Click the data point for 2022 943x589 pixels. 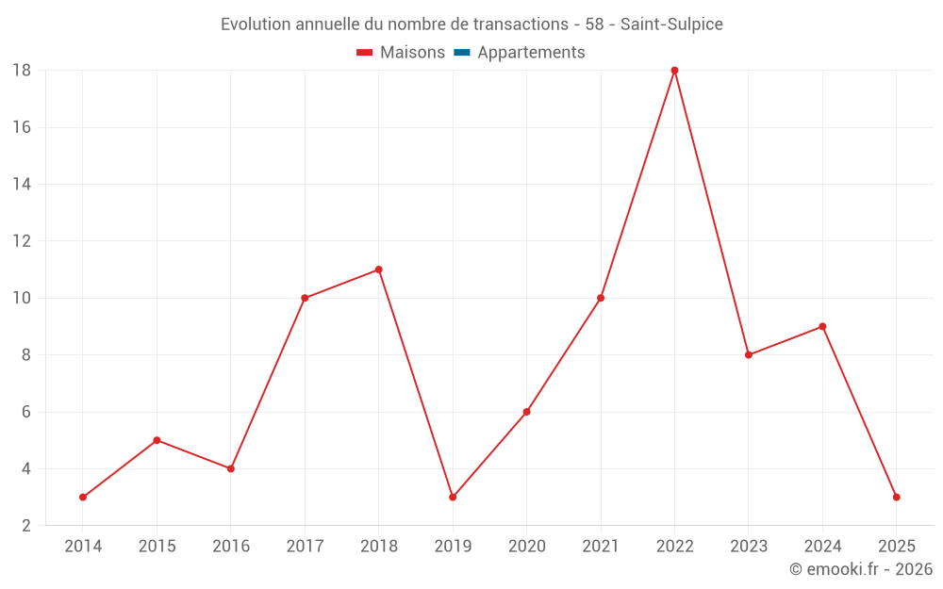674,70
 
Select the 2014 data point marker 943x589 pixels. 83,497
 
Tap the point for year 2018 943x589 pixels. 379,270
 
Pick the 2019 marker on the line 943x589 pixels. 453,497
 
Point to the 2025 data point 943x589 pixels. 897,497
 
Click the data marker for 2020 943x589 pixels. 526,412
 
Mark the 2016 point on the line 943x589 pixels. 231,468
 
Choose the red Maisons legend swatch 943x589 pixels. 365,53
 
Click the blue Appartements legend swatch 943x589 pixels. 462,53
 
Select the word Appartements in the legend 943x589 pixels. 531,53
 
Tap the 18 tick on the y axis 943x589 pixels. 22,71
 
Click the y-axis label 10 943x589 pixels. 22,298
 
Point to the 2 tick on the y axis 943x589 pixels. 26,526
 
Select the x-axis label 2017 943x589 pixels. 305,547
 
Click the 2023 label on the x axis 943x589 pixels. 749,547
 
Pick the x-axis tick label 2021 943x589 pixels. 601,547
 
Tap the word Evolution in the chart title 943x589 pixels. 256,25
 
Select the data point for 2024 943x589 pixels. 822,326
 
